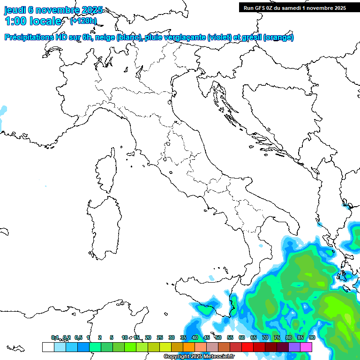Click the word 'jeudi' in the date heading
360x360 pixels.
tap(15, 10)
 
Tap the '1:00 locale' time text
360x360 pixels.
tap(33, 21)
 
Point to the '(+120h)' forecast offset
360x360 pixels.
tap(83, 21)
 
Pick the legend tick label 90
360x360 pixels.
tap(312, 337)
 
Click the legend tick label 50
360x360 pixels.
tap(218, 337)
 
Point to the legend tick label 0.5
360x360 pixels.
tap(78, 337)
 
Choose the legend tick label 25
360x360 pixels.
tap(160, 337)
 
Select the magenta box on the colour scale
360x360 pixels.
tap(306, 347)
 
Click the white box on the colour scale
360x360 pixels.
tap(48, 347)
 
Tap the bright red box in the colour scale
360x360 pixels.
tap(247, 347)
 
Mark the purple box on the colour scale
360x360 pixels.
tap(294, 347)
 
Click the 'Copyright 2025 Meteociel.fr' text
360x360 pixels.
tap(199, 356)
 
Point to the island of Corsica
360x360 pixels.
tap(106, 171)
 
